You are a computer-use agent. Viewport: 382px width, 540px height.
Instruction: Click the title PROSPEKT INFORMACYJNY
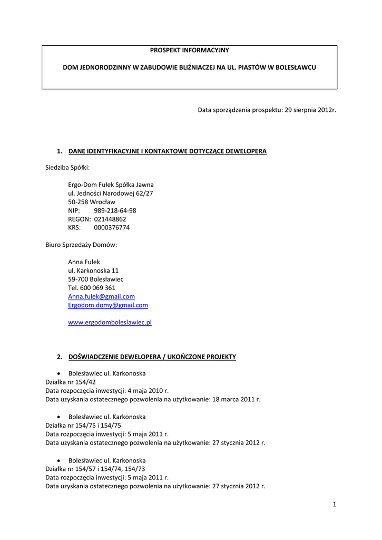pyautogui.click(x=190, y=50)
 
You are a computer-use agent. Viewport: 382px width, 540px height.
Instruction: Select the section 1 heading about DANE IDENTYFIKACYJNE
pyautogui.click(x=167, y=151)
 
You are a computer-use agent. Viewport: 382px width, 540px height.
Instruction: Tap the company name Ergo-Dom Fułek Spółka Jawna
pyautogui.click(x=111, y=185)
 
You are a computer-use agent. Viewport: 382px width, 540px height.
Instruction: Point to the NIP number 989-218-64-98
pyautogui.click(x=115, y=210)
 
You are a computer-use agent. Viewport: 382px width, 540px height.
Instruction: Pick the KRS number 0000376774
pyautogui.click(x=112, y=227)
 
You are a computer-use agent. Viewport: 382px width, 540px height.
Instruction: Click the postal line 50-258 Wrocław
pyautogui.click(x=92, y=202)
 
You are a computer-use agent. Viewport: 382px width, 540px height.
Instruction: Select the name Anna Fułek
pyautogui.click(x=84, y=262)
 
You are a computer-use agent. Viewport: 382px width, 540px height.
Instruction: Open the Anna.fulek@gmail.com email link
pyautogui.click(x=101, y=296)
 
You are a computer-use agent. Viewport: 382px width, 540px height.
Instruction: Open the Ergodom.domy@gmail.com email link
pyautogui.click(x=108, y=305)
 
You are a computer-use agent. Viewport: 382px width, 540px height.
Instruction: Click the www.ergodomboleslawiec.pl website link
pyautogui.click(x=110, y=322)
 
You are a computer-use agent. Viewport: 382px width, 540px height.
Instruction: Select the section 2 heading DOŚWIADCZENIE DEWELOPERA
pyautogui.click(x=152, y=357)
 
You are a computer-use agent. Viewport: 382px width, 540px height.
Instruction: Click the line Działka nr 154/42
pyautogui.click(x=71, y=382)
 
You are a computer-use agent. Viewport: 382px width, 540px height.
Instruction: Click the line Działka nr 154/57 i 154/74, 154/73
pyautogui.click(x=95, y=469)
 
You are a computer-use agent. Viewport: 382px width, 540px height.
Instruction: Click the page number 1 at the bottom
pyautogui.click(x=334, y=505)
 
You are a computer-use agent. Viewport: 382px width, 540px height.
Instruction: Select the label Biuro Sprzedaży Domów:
pyautogui.click(x=81, y=245)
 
